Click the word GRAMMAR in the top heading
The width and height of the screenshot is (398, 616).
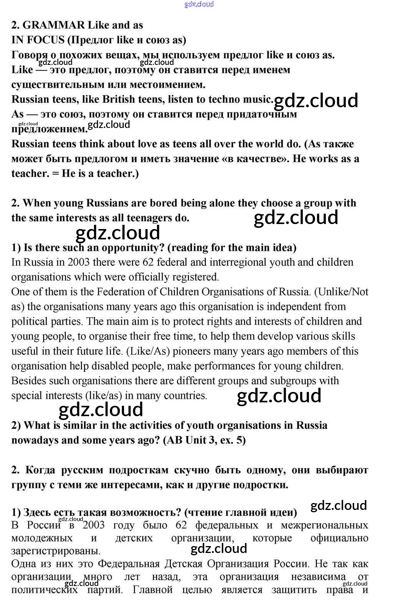pyautogui.click(x=54, y=25)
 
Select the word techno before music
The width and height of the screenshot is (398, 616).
pyautogui.click(x=224, y=99)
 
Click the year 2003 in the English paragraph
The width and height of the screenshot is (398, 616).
pyautogui.click(x=79, y=262)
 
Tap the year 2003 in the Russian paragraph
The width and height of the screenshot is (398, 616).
pyautogui.click(x=93, y=525)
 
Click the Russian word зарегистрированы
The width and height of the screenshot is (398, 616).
pyautogui.click(x=56, y=551)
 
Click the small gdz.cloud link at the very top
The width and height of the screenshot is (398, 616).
pyautogui.click(x=199, y=4)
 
